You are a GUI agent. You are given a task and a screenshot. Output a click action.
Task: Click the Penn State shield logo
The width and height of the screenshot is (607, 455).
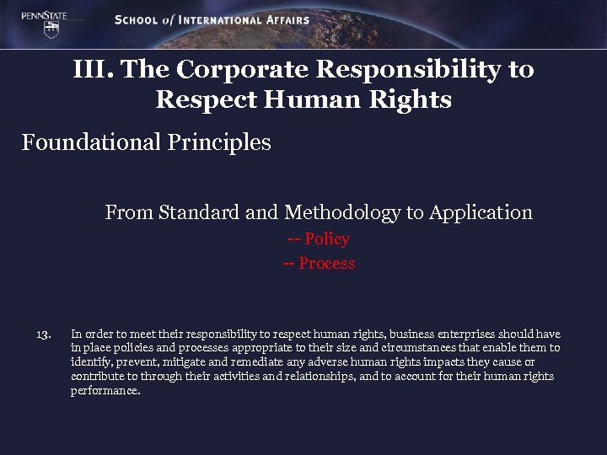click(52, 28)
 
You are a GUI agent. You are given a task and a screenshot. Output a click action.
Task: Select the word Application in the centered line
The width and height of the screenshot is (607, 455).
click(481, 212)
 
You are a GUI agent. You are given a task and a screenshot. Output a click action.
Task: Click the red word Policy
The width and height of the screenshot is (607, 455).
click(327, 239)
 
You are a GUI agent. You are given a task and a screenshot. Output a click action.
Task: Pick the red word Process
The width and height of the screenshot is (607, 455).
click(327, 264)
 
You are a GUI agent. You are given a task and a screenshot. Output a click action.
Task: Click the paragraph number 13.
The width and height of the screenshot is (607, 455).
click(45, 335)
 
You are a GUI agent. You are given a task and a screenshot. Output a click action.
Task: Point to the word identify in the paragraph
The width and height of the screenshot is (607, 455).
click(92, 362)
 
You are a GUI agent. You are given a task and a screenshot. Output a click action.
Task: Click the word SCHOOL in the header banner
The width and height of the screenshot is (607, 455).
click(137, 20)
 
